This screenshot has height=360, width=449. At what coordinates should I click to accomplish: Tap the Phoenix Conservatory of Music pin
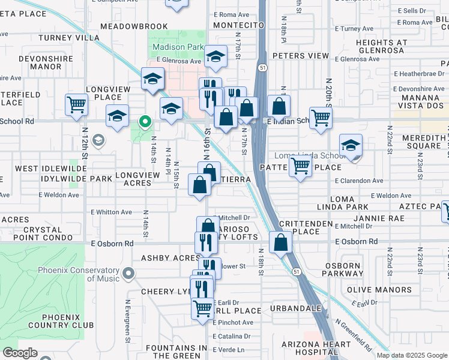(127, 274)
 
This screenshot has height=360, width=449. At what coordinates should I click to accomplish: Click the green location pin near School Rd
(145, 122)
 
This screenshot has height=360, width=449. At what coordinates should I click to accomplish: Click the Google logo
(20, 353)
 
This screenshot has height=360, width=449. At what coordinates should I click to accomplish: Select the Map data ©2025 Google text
(412, 355)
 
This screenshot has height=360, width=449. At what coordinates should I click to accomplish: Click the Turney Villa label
(69, 38)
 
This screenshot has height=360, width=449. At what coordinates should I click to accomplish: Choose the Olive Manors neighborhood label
(377, 290)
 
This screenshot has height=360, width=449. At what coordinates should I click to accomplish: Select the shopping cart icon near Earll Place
(203, 308)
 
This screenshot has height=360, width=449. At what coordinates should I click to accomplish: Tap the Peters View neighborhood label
(301, 56)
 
